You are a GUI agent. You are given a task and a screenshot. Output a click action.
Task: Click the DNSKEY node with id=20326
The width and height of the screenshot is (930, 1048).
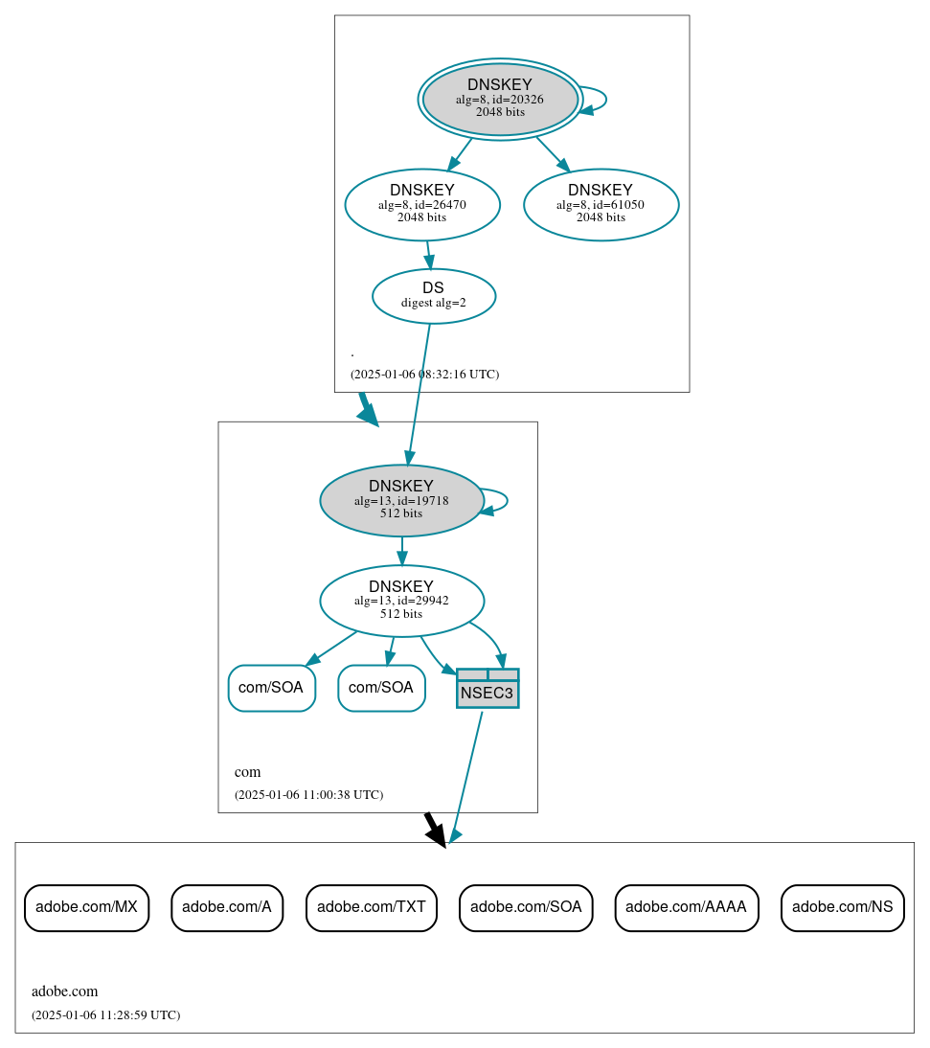click(500, 99)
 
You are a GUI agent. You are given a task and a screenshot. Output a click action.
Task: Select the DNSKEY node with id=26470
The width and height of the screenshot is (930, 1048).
click(422, 204)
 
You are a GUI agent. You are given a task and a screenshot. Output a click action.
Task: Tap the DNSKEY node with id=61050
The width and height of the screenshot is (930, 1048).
click(601, 204)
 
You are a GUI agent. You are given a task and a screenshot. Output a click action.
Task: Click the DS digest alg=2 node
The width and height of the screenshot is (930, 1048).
click(433, 296)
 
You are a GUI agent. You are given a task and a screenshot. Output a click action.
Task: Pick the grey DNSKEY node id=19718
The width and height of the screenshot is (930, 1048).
click(401, 500)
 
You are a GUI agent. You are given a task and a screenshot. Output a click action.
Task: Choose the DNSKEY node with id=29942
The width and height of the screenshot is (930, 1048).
click(401, 601)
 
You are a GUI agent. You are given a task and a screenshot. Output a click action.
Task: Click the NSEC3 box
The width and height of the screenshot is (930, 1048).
click(488, 689)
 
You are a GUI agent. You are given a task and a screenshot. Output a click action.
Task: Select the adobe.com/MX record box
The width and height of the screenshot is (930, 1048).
click(86, 907)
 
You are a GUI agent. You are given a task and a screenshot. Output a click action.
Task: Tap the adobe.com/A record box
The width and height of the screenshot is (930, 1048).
click(227, 907)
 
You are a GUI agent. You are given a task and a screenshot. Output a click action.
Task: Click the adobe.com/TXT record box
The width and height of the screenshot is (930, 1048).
click(372, 907)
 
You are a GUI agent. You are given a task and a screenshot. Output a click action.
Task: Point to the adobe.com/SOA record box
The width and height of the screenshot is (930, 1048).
click(526, 907)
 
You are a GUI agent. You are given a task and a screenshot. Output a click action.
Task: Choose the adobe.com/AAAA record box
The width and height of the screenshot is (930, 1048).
click(686, 907)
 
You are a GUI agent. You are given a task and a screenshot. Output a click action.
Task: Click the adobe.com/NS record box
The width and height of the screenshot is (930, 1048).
click(842, 907)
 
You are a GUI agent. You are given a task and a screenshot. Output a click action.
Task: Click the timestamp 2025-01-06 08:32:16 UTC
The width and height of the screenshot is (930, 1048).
click(424, 375)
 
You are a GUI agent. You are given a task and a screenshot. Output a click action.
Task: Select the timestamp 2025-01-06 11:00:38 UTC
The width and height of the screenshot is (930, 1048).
click(308, 795)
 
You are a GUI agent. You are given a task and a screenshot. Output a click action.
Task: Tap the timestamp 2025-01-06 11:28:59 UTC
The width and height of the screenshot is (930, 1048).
click(105, 1015)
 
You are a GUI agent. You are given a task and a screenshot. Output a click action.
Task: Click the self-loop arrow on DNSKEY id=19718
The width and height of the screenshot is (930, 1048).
click(505, 500)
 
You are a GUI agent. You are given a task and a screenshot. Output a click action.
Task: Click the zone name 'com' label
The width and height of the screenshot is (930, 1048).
click(247, 772)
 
